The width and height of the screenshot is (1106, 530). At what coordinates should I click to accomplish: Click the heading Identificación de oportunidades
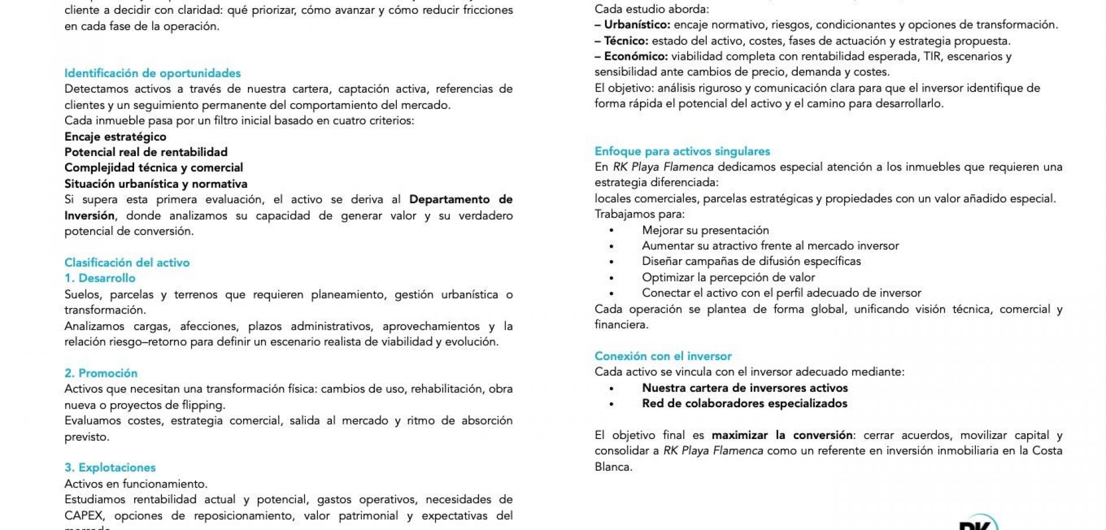click(152, 73)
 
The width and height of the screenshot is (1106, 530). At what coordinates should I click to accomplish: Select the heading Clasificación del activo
click(127, 263)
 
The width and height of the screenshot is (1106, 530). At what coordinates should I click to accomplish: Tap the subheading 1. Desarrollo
click(100, 278)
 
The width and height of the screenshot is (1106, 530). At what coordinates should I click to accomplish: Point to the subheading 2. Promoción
click(101, 373)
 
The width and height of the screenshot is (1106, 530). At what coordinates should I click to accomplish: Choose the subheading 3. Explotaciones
click(110, 468)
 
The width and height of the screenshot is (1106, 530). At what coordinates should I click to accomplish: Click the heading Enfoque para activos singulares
click(682, 152)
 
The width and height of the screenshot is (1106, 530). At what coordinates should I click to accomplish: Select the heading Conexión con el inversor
click(663, 356)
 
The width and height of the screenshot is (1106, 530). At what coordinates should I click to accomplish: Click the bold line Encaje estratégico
click(115, 137)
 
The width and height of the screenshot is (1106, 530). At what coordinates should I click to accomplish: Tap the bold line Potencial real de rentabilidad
click(146, 152)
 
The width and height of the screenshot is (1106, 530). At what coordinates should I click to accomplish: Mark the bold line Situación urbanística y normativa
click(156, 184)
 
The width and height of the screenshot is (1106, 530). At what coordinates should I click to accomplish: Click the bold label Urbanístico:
click(637, 25)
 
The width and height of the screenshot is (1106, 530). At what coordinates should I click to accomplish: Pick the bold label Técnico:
click(626, 41)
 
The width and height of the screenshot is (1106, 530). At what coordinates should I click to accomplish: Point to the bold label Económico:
click(635, 56)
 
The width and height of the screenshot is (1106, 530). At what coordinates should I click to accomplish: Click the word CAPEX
click(85, 516)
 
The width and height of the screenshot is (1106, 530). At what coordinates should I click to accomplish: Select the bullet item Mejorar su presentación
click(705, 230)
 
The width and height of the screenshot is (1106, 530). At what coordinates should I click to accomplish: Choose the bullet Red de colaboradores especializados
click(744, 404)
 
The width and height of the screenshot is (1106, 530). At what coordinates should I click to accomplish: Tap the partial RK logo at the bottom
click(977, 523)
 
